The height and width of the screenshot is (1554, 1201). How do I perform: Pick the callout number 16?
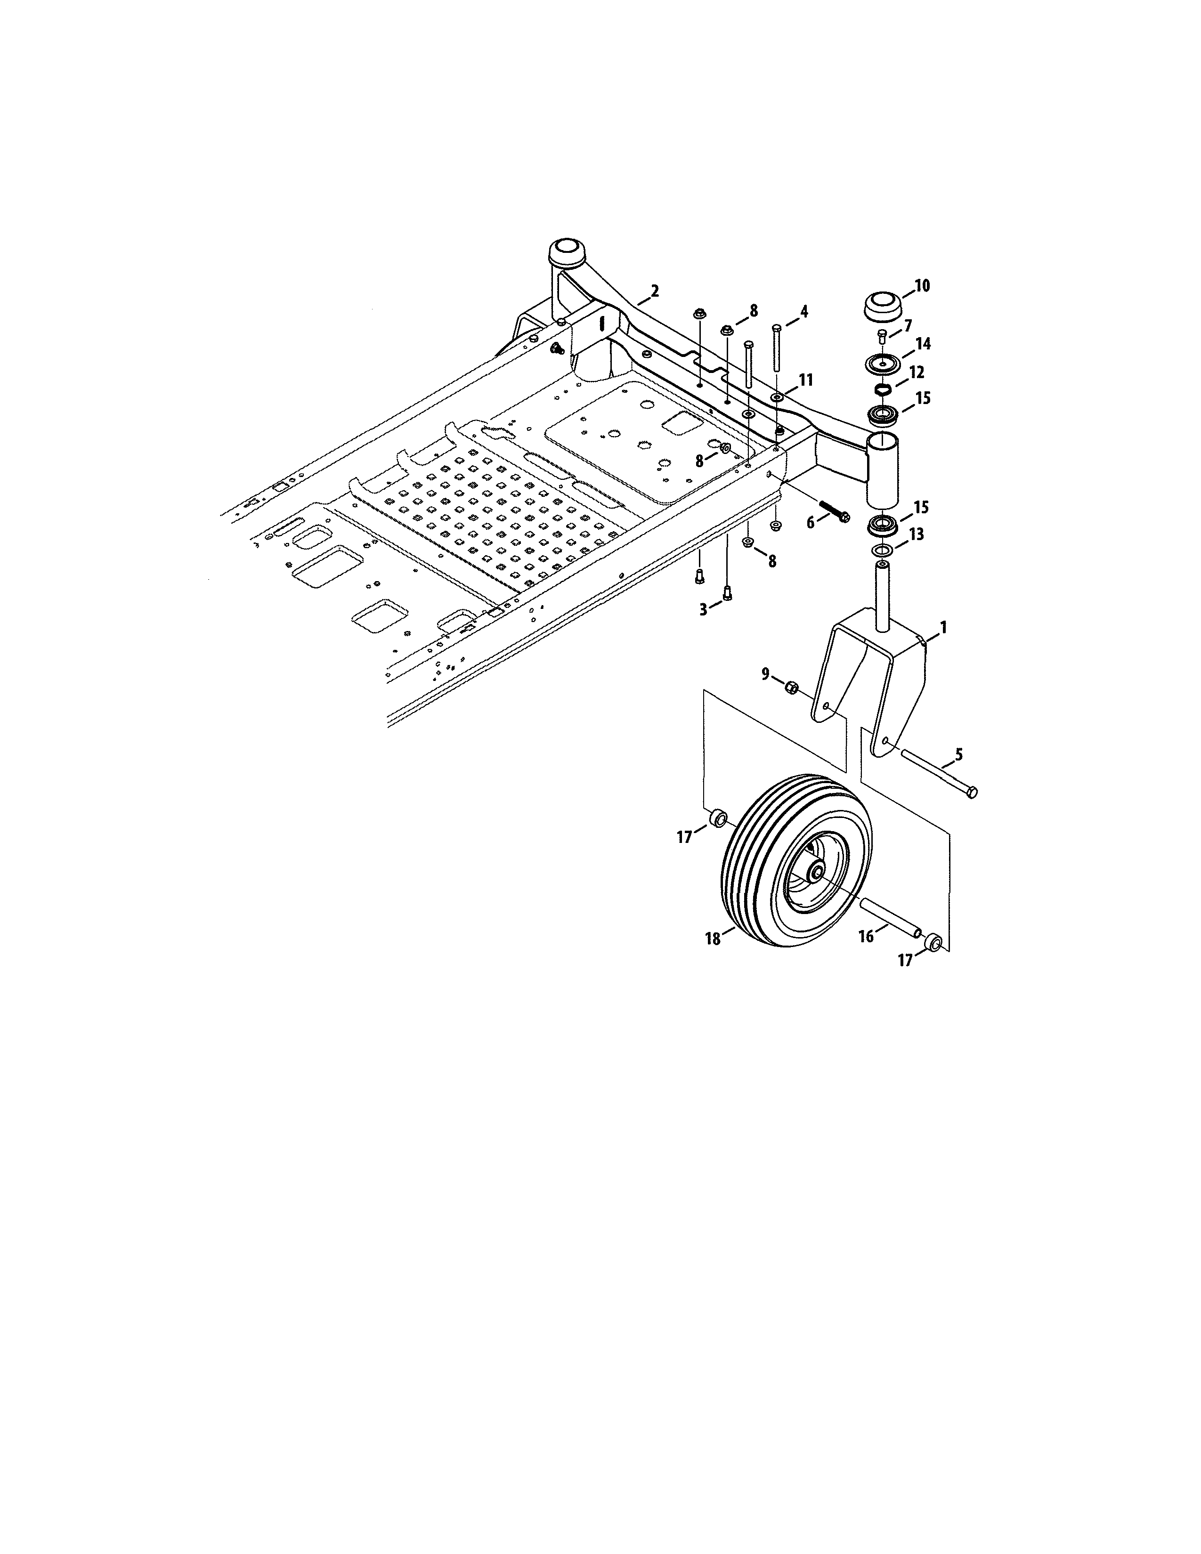point(866,936)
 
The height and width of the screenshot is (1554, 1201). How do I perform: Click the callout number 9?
point(765,673)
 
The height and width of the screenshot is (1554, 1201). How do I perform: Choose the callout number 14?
point(923,344)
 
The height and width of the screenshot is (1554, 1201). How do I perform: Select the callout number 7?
point(907,326)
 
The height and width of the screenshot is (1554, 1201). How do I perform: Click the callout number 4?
point(803,311)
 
